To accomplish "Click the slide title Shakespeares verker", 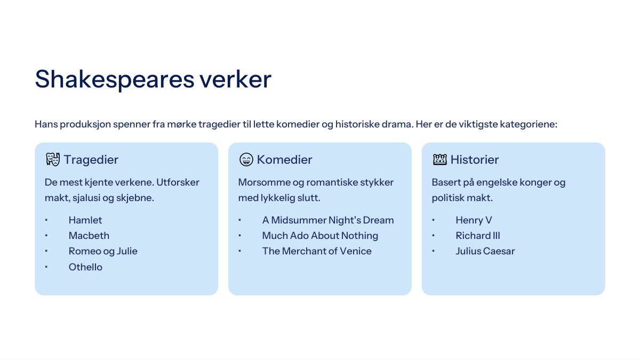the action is click(153, 79).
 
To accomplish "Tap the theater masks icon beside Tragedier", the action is click(53, 159).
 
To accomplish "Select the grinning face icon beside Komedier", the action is click(246, 159).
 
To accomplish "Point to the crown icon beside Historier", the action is click(439, 159).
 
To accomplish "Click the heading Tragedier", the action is click(91, 159).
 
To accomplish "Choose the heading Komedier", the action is click(284, 159).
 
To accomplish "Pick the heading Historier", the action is click(475, 159).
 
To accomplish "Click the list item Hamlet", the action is click(85, 220).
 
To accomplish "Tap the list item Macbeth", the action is click(89, 236).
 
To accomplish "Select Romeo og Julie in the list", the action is click(103, 251).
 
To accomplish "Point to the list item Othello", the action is click(85, 267).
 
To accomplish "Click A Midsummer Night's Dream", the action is click(328, 220).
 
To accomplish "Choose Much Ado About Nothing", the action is click(320, 236).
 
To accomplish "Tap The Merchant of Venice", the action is click(317, 251).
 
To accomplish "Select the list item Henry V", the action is click(474, 220).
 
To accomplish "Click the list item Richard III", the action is click(478, 236).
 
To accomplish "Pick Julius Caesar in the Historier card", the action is click(485, 251).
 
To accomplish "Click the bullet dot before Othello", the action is click(46, 267).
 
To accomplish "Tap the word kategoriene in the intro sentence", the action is click(529, 124).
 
